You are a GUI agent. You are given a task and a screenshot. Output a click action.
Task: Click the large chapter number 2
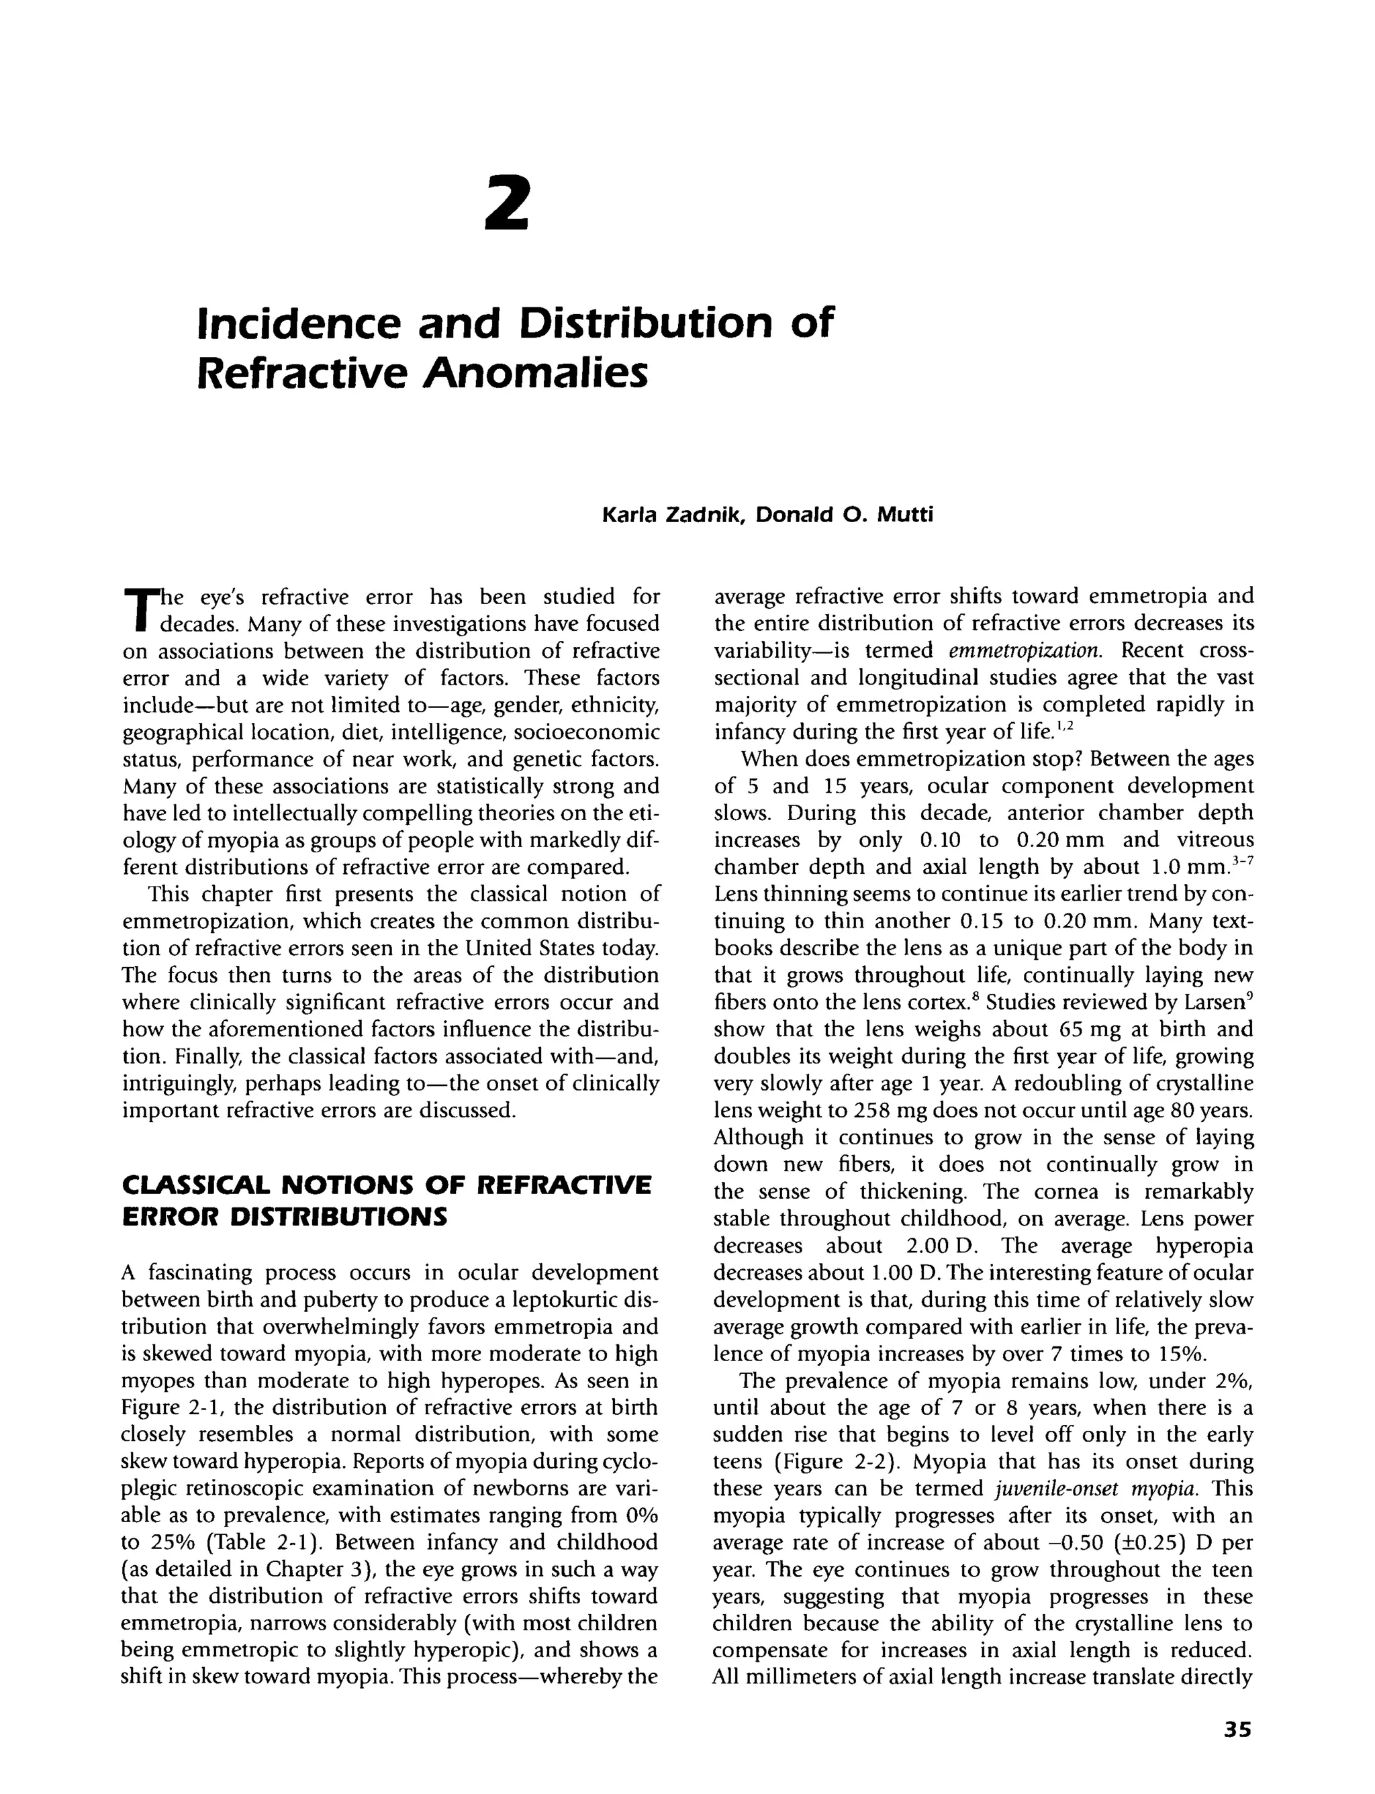coord(507,204)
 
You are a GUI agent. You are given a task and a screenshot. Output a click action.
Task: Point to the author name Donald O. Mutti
coord(844,515)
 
